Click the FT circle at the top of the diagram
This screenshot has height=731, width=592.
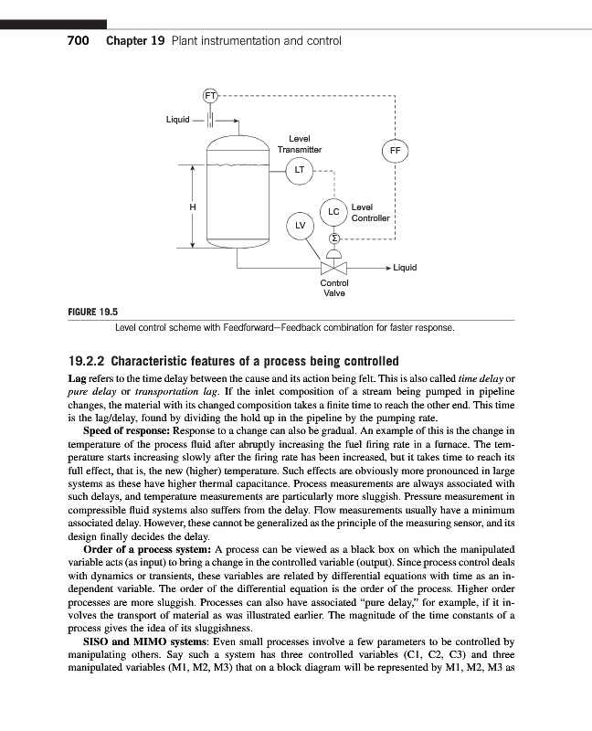(210, 94)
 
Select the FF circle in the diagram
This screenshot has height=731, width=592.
(395, 150)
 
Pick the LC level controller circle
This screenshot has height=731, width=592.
(333, 211)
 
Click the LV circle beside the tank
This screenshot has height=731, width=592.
(299, 224)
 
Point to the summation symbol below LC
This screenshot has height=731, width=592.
(333, 238)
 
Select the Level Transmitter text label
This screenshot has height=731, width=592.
(300, 143)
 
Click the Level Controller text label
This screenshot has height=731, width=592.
(370, 213)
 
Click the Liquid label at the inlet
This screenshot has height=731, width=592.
(177, 119)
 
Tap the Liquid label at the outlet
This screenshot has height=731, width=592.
(404, 268)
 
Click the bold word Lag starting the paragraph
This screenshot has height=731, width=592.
(79, 377)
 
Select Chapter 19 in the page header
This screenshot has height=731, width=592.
(135, 41)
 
